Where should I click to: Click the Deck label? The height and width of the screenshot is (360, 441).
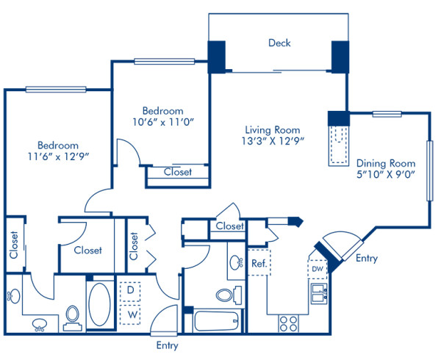279,43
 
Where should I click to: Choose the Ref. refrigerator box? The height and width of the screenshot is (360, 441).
258,263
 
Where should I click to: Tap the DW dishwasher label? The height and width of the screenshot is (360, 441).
317,268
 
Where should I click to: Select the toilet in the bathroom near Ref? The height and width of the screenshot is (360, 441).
226,295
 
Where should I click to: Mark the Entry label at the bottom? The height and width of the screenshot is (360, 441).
166,345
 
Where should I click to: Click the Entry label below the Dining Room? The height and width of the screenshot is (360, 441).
365,258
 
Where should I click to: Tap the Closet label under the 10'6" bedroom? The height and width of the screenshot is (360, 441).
177,172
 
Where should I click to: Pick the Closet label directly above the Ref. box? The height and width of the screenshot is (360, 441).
229,227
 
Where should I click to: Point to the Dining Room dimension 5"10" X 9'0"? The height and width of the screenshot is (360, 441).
387,174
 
